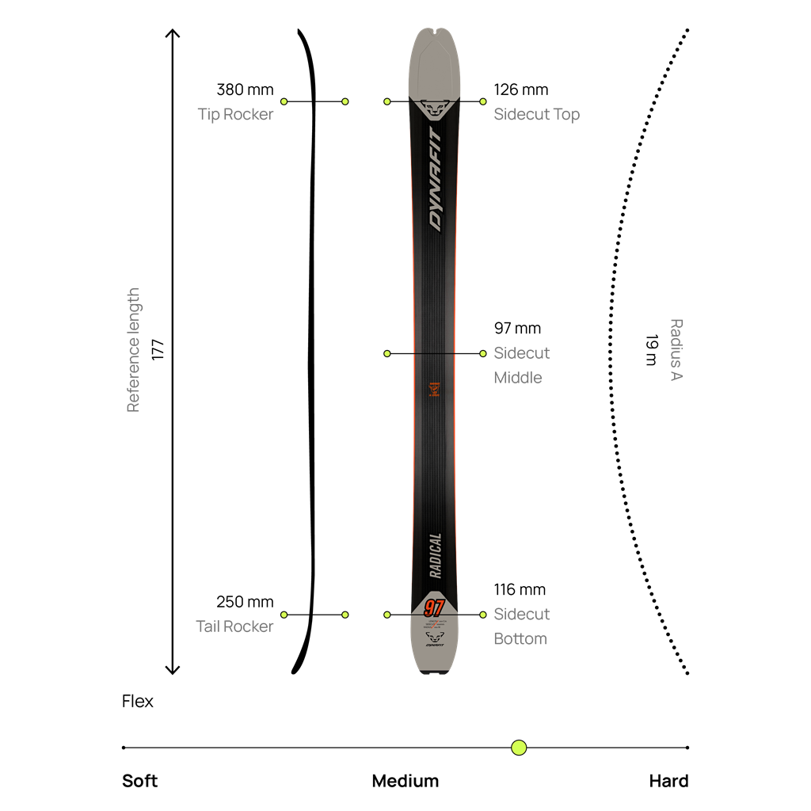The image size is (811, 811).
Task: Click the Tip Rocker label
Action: [235, 114]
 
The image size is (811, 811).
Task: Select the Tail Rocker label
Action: [234, 626]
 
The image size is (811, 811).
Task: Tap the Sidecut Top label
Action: [536, 114]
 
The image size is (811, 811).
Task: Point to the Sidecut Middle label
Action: [521, 365]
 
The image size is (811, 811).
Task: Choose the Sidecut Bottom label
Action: [521, 626]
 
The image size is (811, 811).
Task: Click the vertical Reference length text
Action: [133, 349]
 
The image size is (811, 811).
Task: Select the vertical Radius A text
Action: [676, 349]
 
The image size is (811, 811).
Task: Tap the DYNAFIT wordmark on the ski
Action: [436, 178]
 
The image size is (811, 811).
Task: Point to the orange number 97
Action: [433, 608]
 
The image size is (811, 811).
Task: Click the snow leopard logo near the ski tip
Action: [433, 107]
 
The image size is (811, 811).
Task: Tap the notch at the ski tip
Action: [435, 34]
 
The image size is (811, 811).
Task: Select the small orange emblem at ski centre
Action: [434, 389]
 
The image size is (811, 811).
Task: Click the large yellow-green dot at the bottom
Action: [519, 748]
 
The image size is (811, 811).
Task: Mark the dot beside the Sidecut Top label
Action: [483, 101]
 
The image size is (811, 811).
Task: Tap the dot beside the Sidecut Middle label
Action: [483, 353]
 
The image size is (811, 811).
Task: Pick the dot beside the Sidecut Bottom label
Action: [483, 614]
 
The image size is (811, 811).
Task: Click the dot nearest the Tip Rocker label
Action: [284, 101]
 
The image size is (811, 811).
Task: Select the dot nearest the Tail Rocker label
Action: [284, 614]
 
